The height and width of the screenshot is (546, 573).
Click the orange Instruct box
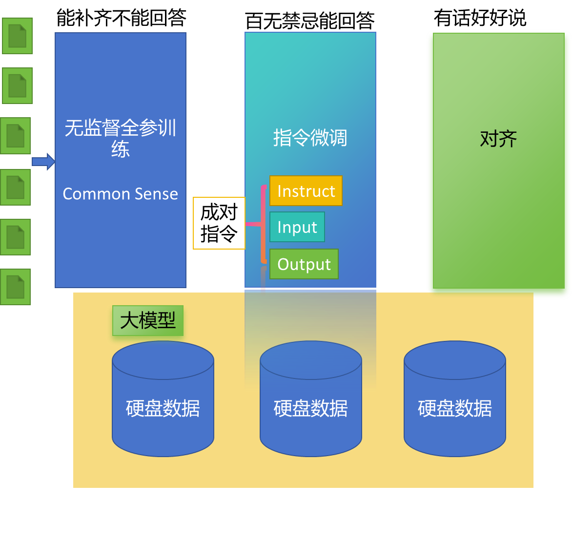(306, 191)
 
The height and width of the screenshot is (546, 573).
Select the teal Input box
(297, 227)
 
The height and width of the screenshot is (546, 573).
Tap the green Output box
(304, 264)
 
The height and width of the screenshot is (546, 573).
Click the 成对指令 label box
(219, 223)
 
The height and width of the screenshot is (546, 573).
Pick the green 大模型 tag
(148, 321)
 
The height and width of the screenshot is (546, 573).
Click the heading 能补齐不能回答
(122, 18)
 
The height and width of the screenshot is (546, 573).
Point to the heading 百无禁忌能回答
(310, 21)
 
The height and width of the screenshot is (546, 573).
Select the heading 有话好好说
(480, 18)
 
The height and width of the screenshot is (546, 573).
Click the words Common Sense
(120, 194)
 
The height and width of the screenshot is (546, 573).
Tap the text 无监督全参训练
(120, 138)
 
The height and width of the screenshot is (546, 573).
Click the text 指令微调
(310, 138)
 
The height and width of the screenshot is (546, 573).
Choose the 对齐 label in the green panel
(498, 139)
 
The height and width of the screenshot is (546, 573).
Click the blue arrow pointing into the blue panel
(43, 162)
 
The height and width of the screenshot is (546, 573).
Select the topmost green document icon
(18, 36)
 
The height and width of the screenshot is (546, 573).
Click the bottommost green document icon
(15, 287)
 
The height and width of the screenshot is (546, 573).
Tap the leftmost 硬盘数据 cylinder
(163, 399)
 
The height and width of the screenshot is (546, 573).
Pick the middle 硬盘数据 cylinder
(311, 399)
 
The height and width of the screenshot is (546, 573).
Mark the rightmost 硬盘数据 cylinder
(455, 399)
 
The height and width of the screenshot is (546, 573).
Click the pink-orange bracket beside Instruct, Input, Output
(263, 224)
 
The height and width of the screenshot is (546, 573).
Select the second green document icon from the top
(18, 85)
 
